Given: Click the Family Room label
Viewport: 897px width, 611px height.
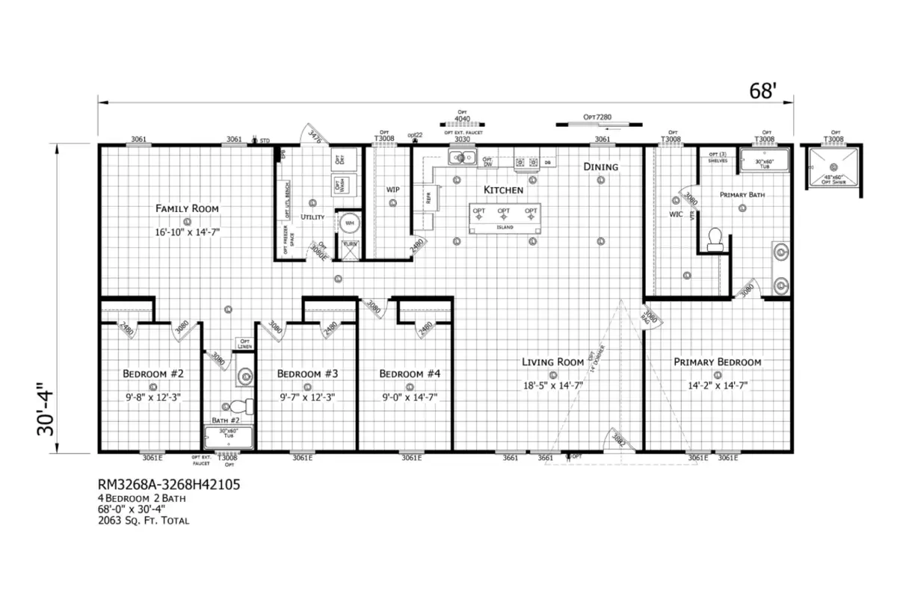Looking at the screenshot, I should click(x=187, y=208).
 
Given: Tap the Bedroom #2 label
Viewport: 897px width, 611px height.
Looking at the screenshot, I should click(x=153, y=373).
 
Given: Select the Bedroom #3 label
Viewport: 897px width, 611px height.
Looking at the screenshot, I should click(x=308, y=373).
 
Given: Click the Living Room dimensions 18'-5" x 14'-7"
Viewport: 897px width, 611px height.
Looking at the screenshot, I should click(x=553, y=386).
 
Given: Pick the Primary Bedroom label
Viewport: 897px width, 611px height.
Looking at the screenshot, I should click(x=717, y=362).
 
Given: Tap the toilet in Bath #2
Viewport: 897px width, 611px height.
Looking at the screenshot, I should click(x=239, y=407).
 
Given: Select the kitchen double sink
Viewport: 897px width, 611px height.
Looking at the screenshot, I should click(x=463, y=158).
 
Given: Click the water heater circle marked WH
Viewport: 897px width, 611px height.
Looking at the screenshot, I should click(x=349, y=223).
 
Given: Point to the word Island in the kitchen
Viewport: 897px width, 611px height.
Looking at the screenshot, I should click(x=505, y=227).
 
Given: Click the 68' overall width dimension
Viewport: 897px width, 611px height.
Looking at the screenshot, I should click(x=763, y=90).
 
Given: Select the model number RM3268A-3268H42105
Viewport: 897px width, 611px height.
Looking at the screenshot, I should click(x=168, y=485).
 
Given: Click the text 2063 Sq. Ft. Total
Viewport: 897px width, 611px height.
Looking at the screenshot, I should click(x=144, y=521).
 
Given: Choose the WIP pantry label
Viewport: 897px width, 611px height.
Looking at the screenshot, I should click(x=393, y=189).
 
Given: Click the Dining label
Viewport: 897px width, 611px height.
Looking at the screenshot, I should click(x=601, y=167).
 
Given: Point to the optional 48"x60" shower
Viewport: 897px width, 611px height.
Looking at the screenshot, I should click(x=830, y=167).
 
